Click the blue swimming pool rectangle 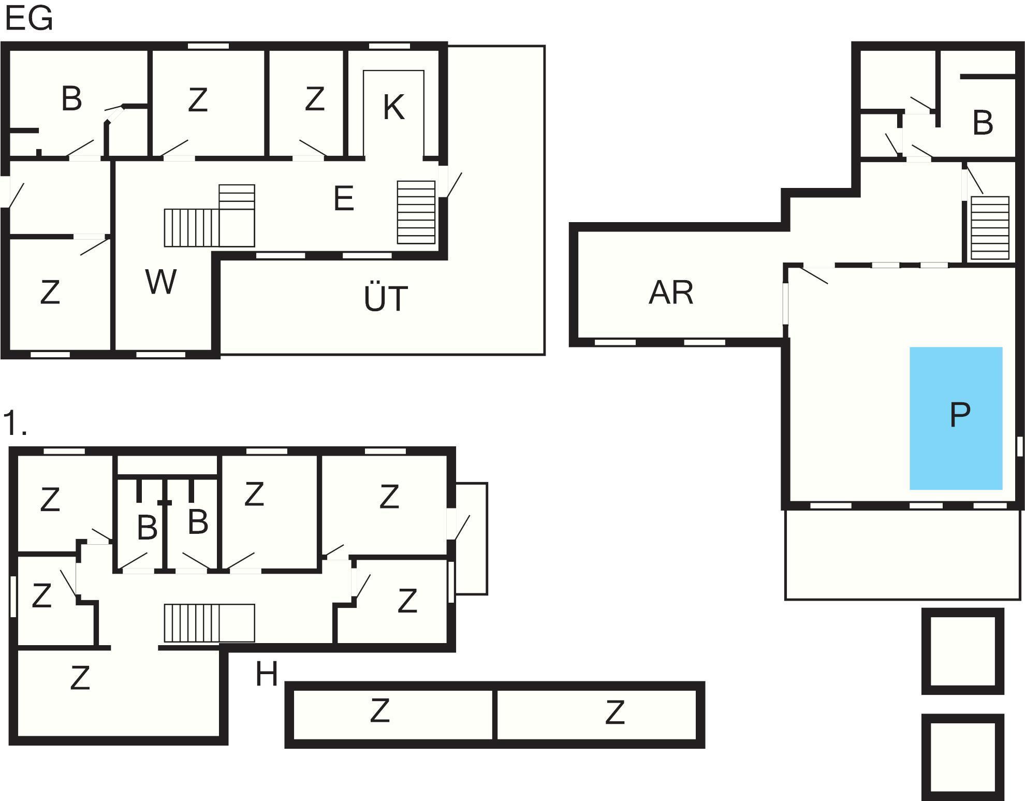pos(956,418)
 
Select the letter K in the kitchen pos(393,107)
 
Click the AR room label pos(671,293)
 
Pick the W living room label pos(161,282)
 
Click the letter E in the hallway pos(344,198)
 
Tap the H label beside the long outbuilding pos(267,674)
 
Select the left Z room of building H pos(392,715)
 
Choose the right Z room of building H pos(597,715)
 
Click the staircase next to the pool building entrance pos(990,228)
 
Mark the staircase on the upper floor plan pos(209,623)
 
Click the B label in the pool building pos(983,123)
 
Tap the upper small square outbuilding pos(963,651)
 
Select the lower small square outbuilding pos(963,757)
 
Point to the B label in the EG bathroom pos(71,98)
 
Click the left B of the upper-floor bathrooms pos(148,528)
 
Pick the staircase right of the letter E pos(416,212)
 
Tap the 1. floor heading pos(15,423)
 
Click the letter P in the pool pos(960,414)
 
